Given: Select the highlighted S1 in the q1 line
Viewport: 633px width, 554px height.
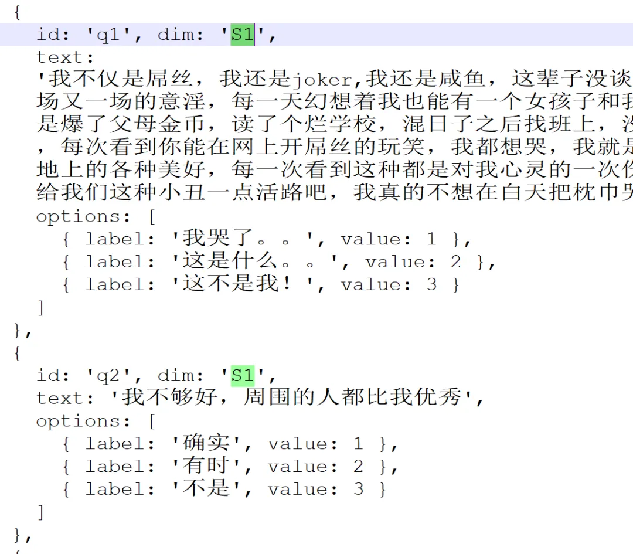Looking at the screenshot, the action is (x=243, y=35).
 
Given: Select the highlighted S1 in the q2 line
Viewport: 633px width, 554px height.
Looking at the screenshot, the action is (x=243, y=375).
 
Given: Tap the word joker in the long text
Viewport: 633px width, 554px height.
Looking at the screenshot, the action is (x=322, y=79).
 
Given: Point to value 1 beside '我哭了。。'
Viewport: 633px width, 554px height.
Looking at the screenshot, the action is (x=431, y=239).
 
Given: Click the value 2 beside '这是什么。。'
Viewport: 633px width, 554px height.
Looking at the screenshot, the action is (x=455, y=262).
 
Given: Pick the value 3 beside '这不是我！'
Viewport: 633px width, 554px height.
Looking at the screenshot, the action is (x=431, y=286).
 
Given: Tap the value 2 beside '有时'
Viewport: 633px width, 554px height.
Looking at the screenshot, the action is (x=358, y=467).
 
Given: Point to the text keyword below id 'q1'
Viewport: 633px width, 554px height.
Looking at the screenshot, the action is (x=60, y=57).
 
